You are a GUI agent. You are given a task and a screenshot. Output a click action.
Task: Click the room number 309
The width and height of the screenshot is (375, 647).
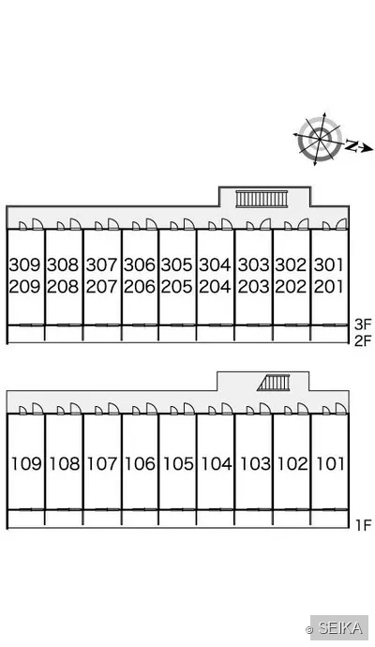[24, 264]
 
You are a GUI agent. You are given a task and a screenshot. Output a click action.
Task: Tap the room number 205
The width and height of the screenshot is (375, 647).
[176, 286]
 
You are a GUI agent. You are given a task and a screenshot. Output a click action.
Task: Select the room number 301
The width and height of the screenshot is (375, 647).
[328, 264]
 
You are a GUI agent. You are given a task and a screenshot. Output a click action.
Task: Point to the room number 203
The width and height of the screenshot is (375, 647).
[253, 286]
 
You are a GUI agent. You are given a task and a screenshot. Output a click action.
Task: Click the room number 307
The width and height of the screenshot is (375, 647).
[101, 264]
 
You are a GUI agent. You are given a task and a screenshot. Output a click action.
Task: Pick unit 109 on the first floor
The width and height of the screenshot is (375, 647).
[26, 464]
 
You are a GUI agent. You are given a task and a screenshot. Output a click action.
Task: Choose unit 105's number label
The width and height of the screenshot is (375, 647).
[178, 464]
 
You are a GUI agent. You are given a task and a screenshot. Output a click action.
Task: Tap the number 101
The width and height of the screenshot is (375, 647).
[330, 464]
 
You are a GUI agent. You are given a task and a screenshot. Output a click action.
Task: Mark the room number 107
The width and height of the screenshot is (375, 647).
[102, 464]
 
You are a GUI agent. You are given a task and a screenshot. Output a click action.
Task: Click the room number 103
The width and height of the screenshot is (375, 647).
[255, 464]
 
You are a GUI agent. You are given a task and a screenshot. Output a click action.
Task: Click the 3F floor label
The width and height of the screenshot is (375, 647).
[363, 324]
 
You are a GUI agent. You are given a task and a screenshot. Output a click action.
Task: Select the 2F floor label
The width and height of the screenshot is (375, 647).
[363, 341]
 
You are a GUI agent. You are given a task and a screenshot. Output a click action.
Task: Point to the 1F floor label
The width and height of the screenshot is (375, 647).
[364, 525]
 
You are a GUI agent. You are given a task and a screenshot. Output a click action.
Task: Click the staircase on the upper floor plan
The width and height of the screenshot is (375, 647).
[262, 199]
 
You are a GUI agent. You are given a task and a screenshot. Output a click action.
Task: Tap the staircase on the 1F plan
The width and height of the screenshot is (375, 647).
[274, 383]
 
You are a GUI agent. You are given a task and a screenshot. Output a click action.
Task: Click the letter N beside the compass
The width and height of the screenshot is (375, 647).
[351, 145]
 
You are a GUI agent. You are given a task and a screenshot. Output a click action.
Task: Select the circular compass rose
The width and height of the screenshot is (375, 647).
[320, 139]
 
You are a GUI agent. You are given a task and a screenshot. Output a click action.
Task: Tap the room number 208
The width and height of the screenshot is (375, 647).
[63, 286]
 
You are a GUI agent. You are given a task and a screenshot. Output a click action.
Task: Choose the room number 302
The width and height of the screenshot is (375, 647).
[292, 264]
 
